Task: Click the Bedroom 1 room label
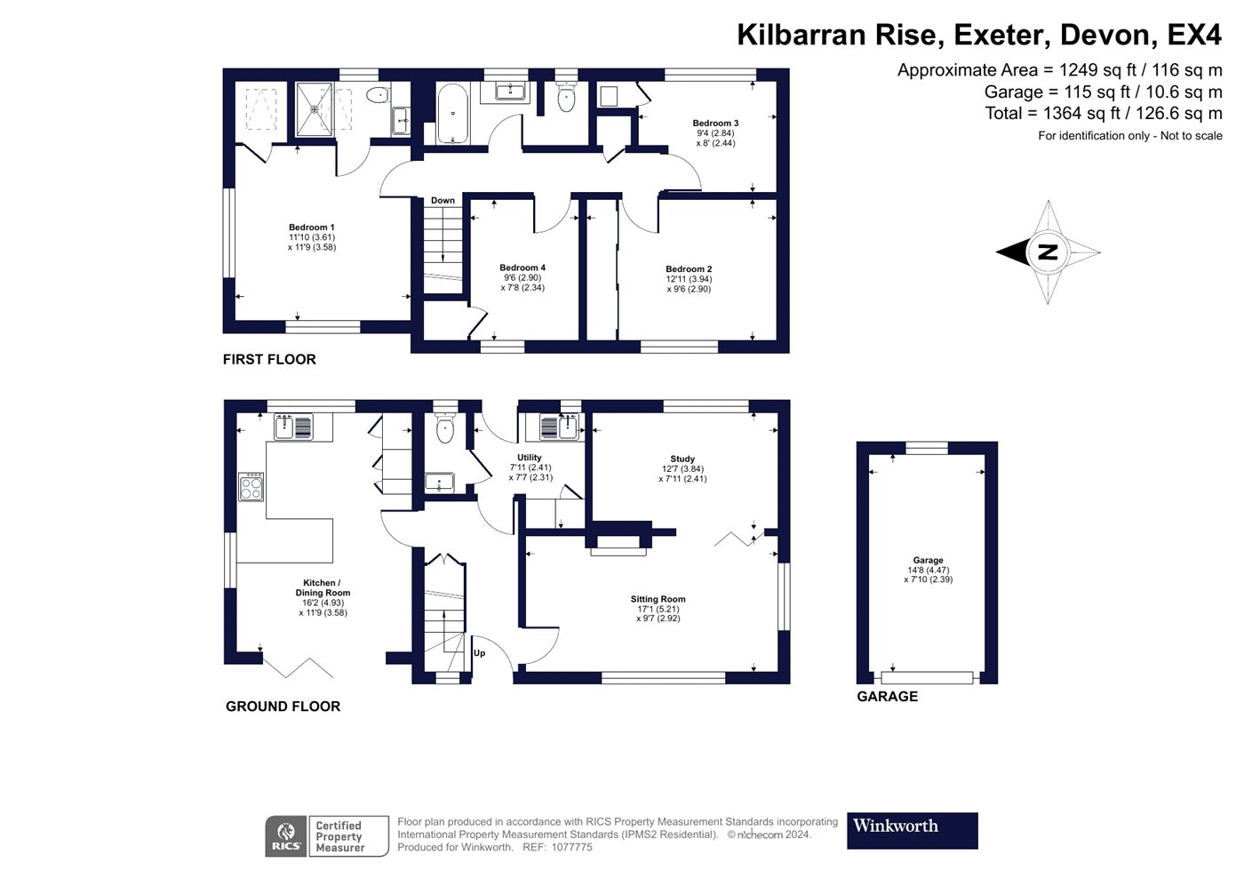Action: pyautogui.click(x=312, y=228)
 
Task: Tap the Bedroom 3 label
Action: pyautogui.click(x=715, y=124)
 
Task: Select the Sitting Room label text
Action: pyautogui.click(x=658, y=599)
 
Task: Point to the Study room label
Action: pyautogui.click(x=682, y=459)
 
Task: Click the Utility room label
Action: pyautogui.click(x=530, y=458)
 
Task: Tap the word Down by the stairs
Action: pyautogui.click(x=443, y=201)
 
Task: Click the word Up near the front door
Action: pyautogui.click(x=479, y=653)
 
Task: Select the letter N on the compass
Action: pyautogui.click(x=1048, y=252)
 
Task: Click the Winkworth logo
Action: pyautogui.click(x=912, y=830)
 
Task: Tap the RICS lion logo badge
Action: pyautogui.click(x=286, y=835)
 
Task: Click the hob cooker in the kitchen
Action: pyautogui.click(x=251, y=487)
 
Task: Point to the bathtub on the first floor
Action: pyautogui.click(x=452, y=114)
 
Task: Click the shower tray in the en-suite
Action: pyautogui.click(x=315, y=109)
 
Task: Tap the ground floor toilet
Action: pyautogui.click(x=445, y=427)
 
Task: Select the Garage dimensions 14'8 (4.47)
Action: pyautogui.click(x=928, y=570)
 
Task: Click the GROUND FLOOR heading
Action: pyautogui.click(x=283, y=707)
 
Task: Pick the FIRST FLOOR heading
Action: pyautogui.click(x=269, y=359)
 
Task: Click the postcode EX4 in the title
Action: pyautogui.click(x=1194, y=35)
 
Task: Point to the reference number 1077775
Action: pyautogui.click(x=571, y=847)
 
